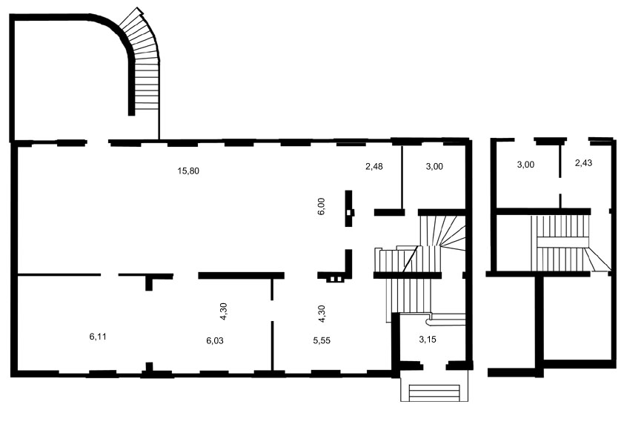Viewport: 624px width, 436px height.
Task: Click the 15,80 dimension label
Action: (188, 171)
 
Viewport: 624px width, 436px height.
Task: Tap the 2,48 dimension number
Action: (374, 166)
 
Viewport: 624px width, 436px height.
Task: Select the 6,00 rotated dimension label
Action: (322, 206)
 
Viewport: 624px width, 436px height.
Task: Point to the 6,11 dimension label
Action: (98, 337)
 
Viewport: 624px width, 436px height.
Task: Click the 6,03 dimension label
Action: (215, 341)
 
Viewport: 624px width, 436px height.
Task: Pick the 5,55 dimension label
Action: (322, 341)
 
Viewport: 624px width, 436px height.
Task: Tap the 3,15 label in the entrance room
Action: (428, 340)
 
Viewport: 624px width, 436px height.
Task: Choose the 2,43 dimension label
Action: (584, 163)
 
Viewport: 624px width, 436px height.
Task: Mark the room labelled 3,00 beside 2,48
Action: (434, 175)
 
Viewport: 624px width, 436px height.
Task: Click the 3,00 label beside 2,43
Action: (525, 165)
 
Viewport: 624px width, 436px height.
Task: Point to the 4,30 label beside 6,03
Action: (223, 311)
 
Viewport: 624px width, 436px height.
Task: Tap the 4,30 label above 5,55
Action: (322, 314)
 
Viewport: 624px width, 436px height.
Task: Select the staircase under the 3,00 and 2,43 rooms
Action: (561, 244)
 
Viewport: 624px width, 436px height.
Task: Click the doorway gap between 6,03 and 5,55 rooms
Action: (272, 311)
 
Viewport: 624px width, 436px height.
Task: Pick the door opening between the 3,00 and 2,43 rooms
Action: (560, 186)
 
